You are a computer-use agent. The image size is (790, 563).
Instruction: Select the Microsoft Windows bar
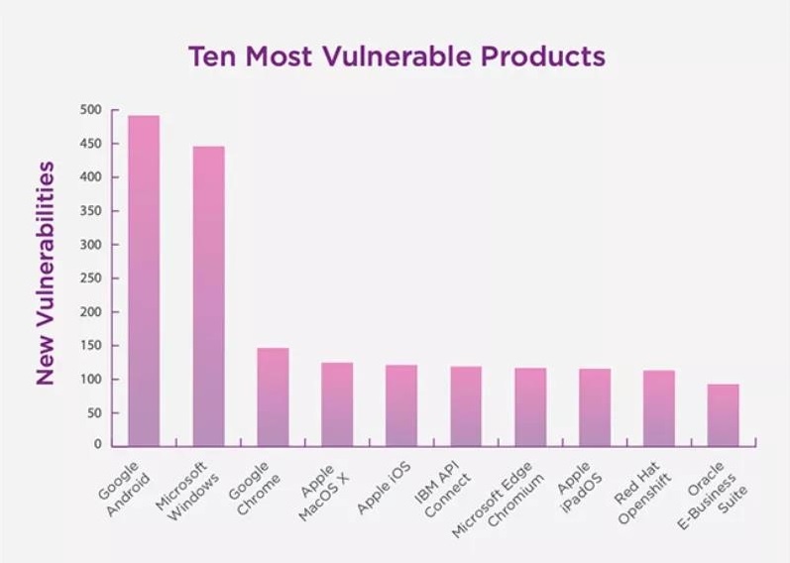tap(208, 295)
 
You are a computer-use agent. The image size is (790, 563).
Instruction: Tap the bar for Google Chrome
tap(273, 396)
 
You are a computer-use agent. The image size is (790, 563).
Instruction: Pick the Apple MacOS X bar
tap(337, 403)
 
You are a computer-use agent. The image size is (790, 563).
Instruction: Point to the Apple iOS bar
tap(401, 405)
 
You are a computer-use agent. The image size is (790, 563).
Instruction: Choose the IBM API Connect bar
tap(466, 406)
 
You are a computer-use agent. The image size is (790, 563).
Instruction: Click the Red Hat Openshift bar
tap(658, 407)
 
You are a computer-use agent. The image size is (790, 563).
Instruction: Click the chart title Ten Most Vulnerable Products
tap(395, 56)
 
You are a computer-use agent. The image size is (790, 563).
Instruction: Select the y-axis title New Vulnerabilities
tap(45, 272)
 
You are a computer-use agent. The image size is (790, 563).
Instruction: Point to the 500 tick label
tap(91, 110)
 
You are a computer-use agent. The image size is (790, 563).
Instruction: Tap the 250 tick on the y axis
tap(91, 279)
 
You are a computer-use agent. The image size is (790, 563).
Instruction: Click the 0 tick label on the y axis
tap(98, 445)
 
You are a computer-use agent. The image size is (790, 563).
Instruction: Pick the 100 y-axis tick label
tap(91, 379)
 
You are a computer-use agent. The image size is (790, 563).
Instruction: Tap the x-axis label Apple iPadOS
tap(575, 486)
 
